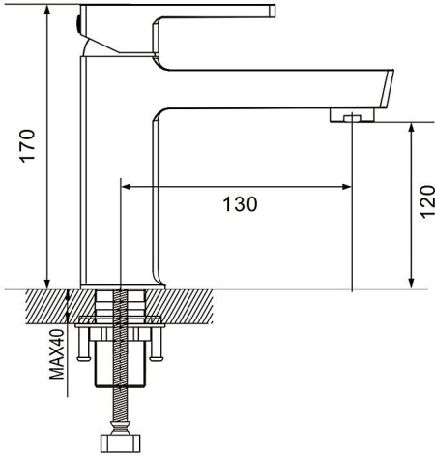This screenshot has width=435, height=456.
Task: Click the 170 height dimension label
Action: pos(28,145)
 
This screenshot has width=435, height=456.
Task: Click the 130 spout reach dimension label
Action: pos(241,204)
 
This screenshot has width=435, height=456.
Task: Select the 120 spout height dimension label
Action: pos(427,201)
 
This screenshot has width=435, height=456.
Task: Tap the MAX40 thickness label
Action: pos(57,354)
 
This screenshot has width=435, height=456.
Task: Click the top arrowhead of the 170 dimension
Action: pos(47,11)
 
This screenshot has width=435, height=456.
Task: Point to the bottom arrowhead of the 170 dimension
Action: pos(47,283)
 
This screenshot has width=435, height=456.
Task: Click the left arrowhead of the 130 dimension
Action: pos(126,187)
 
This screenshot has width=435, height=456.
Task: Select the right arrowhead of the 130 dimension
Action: pos(347,187)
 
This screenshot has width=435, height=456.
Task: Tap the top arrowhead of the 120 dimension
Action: pos(411,128)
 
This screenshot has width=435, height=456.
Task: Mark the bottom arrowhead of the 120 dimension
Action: pos(411,283)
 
